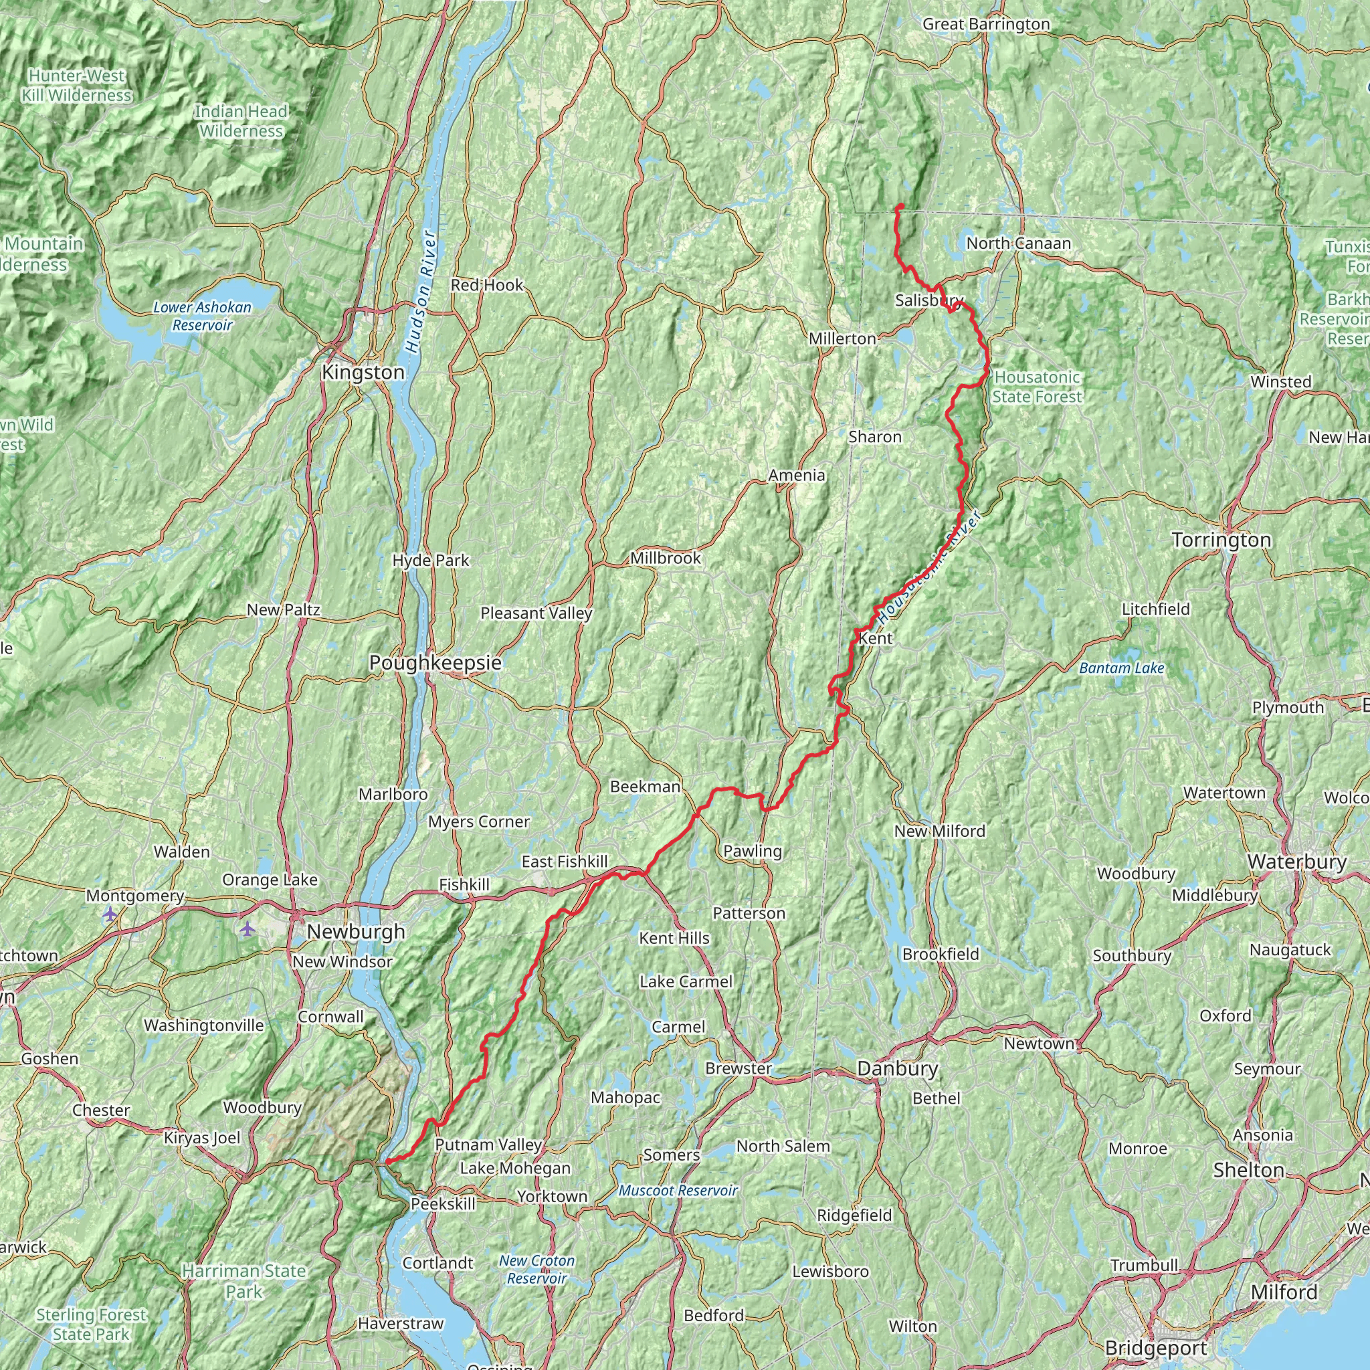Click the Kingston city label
(363, 373)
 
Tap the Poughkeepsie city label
(435, 663)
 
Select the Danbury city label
(897, 1068)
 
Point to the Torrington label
(1221, 541)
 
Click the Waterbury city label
(1297, 862)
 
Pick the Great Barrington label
(985, 24)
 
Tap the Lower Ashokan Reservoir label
(202, 316)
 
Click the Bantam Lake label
(1121, 668)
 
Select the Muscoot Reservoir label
(678, 1191)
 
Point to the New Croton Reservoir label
(536, 1269)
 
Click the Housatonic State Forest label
(1037, 387)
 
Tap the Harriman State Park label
(244, 1281)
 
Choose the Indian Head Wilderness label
(241, 121)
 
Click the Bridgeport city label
(1156, 1347)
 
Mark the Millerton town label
(842, 339)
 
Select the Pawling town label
(753, 851)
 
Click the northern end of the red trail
(900, 205)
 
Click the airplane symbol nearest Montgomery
(109, 914)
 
